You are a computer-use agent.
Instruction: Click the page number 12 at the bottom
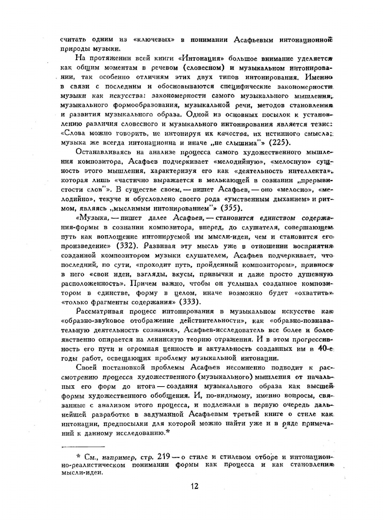pos(194,486)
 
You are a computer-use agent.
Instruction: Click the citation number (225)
pos(280,143)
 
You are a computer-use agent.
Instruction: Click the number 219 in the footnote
pos(164,456)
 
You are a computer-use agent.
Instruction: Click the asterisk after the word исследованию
pos(168,432)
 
